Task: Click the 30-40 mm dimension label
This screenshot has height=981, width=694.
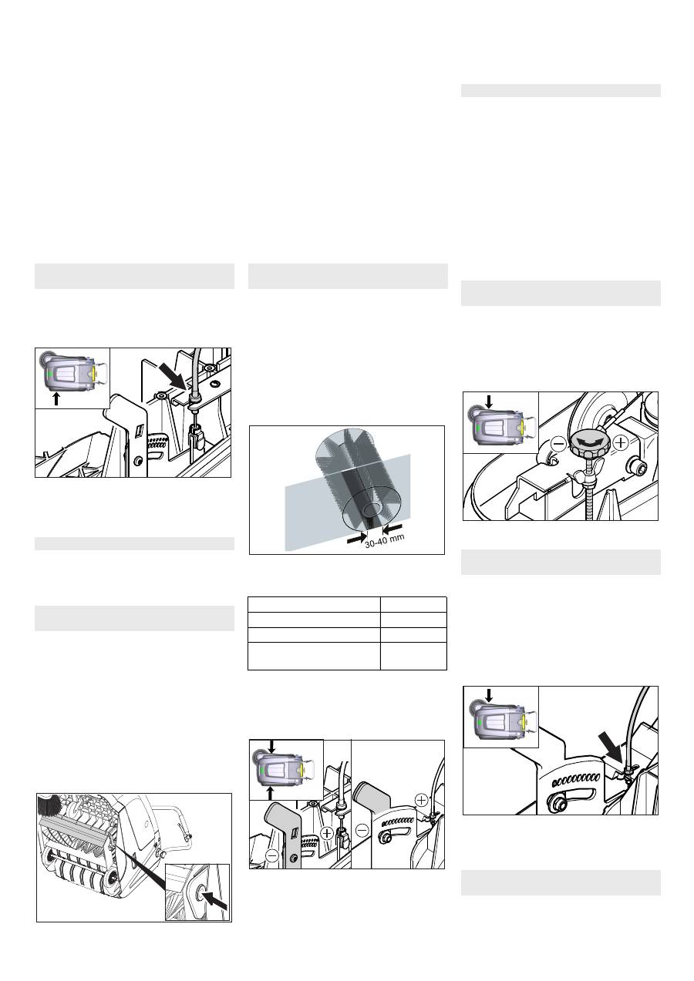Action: coord(384,540)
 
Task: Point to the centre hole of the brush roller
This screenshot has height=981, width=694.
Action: coord(372,509)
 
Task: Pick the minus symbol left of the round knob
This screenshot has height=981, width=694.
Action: coord(558,445)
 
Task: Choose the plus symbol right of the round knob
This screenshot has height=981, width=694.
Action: coord(621,444)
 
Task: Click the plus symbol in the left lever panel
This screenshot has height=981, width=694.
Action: coord(327,832)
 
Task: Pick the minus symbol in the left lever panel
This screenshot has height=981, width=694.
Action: coord(272,855)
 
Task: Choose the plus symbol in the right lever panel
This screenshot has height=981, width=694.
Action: coord(421,801)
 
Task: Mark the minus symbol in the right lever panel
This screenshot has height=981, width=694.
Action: coord(362,829)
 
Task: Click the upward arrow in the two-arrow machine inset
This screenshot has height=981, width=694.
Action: coord(271,792)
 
